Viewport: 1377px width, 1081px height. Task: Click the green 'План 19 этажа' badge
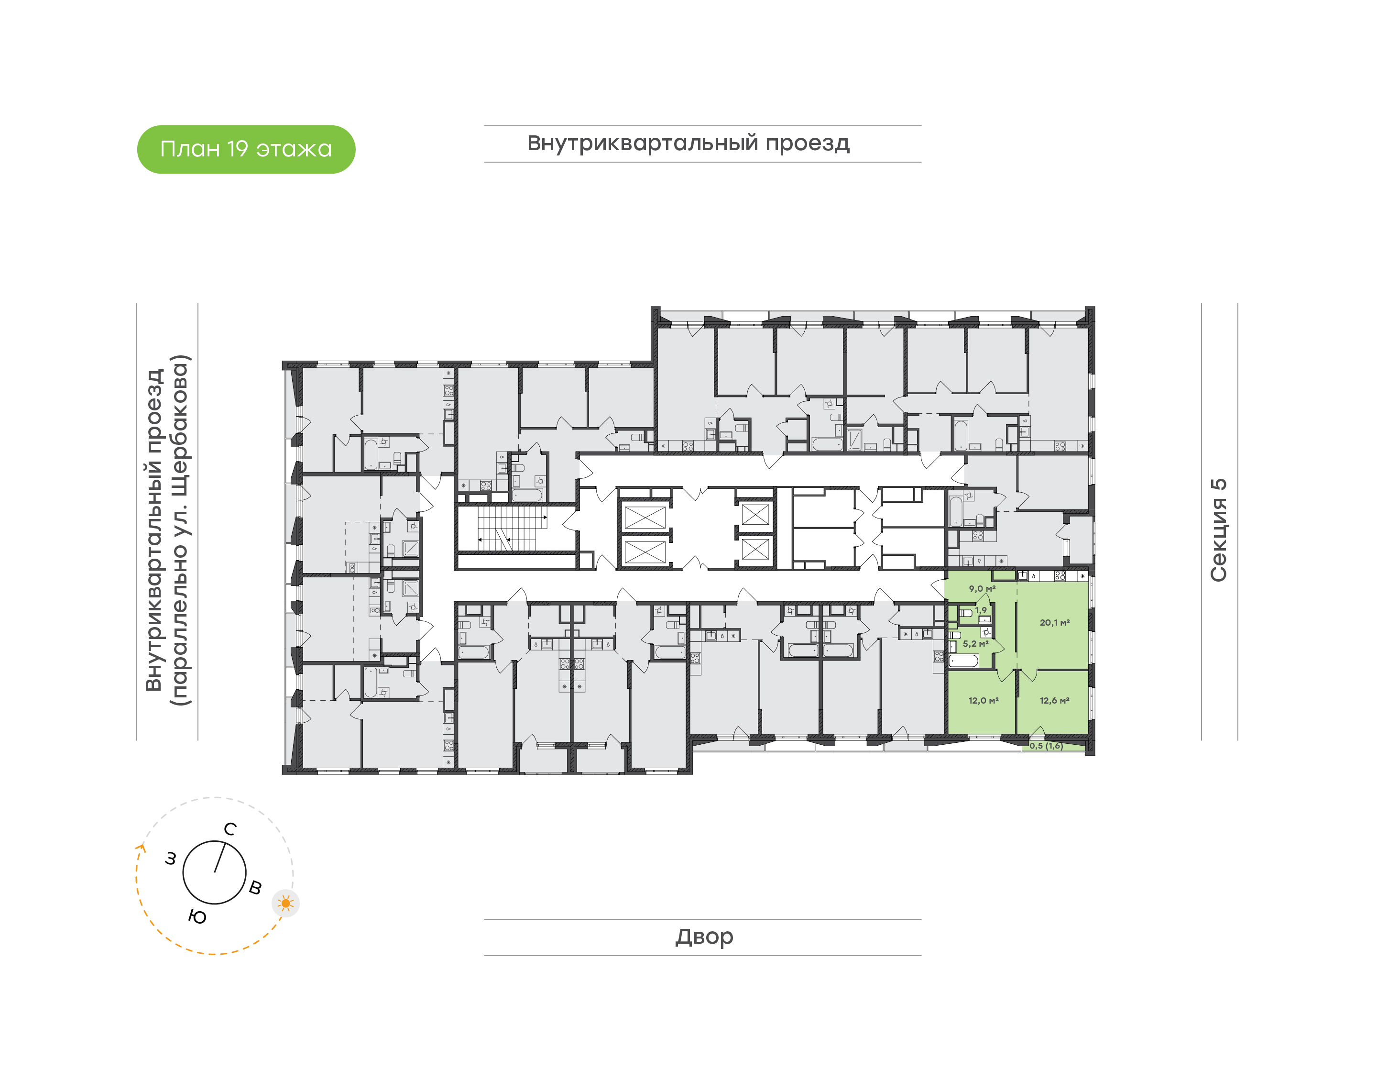click(x=246, y=149)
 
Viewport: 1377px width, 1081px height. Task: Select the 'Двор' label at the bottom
click(x=704, y=937)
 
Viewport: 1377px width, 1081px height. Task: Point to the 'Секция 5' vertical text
click(x=1218, y=530)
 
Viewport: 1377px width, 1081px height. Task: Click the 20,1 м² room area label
click(x=1054, y=623)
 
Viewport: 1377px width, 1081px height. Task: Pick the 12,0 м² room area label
click(x=983, y=701)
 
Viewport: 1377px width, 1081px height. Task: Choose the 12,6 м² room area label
click(x=1054, y=701)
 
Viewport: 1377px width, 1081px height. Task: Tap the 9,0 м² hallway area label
click(x=982, y=589)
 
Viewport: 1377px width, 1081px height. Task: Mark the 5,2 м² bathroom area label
click(x=975, y=644)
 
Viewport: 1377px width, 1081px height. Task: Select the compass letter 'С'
click(x=230, y=829)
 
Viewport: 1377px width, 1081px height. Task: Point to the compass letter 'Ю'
click(x=197, y=917)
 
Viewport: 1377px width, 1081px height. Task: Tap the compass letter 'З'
click(x=171, y=859)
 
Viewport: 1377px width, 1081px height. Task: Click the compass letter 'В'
click(x=255, y=887)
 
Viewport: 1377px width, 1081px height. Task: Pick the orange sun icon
click(x=286, y=903)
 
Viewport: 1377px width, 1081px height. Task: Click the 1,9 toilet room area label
click(x=981, y=610)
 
